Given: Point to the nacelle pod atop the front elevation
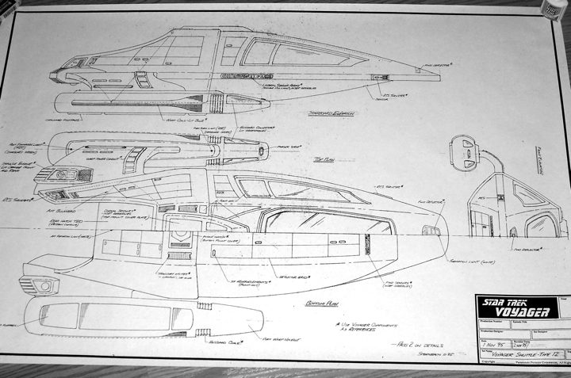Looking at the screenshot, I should [x=467, y=152].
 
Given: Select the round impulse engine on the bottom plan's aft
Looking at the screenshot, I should [x=44, y=285].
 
